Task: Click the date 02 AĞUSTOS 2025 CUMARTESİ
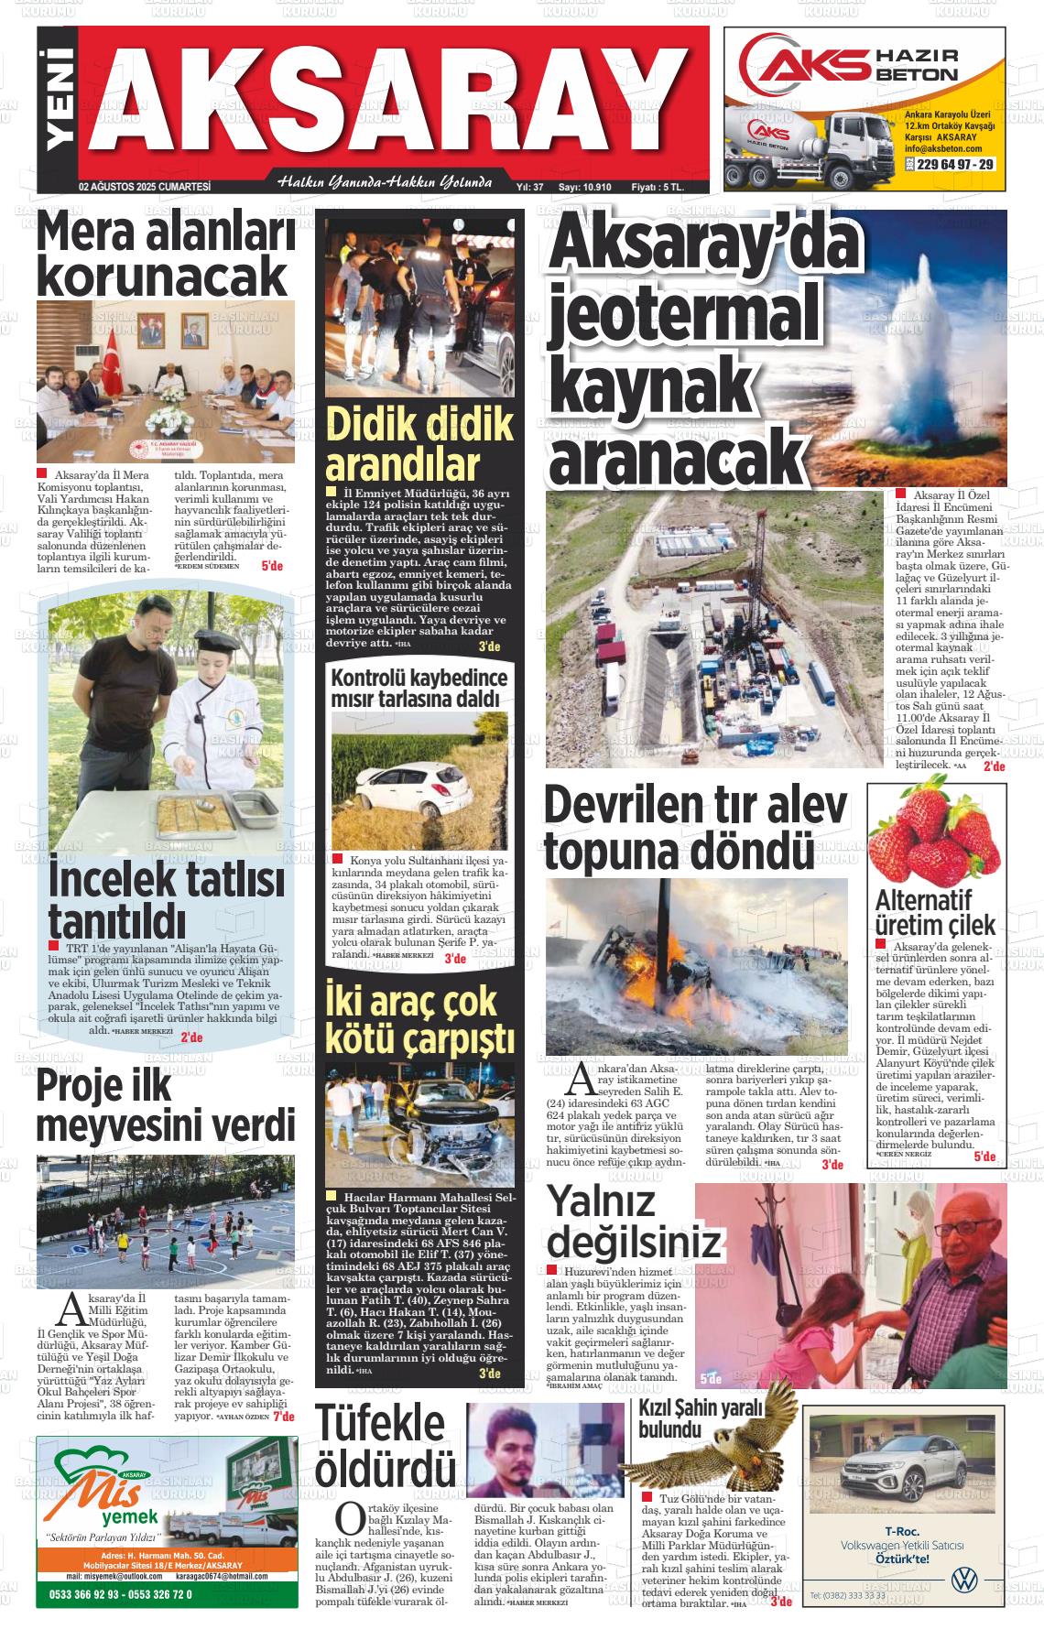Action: (145, 187)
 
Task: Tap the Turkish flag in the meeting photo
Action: (113, 364)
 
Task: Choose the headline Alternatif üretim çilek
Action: (934, 911)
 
